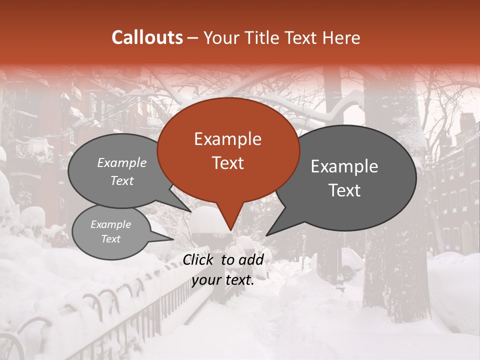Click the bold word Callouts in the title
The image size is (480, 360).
click(x=147, y=37)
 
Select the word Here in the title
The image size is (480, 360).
click(x=342, y=37)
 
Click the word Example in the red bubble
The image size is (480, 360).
click(x=227, y=139)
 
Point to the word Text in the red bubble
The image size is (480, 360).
click(x=227, y=162)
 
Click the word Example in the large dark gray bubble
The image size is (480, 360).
click(x=344, y=166)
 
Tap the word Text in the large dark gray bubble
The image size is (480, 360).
click(x=344, y=190)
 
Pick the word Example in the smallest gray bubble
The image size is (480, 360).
click(x=110, y=224)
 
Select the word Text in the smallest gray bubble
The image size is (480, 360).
click(x=110, y=239)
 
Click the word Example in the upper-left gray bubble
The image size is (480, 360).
click(x=121, y=163)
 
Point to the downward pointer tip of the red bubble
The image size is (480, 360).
click(x=230, y=230)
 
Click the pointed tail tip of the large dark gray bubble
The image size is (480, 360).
click(x=266, y=235)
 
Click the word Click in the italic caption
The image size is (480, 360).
click(x=199, y=259)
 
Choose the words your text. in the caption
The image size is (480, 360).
click(x=223, y=280)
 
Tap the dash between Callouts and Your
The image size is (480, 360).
click(x=193, y=37)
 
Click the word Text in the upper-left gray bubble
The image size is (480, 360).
click(x=121, y=181)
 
